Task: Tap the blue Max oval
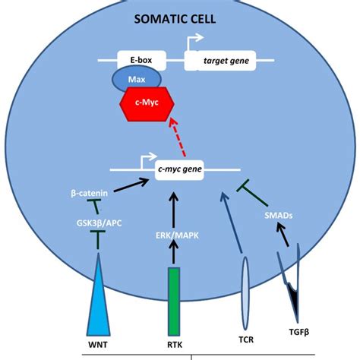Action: pos(134,80)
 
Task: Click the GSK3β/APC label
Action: pos(96,224)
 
